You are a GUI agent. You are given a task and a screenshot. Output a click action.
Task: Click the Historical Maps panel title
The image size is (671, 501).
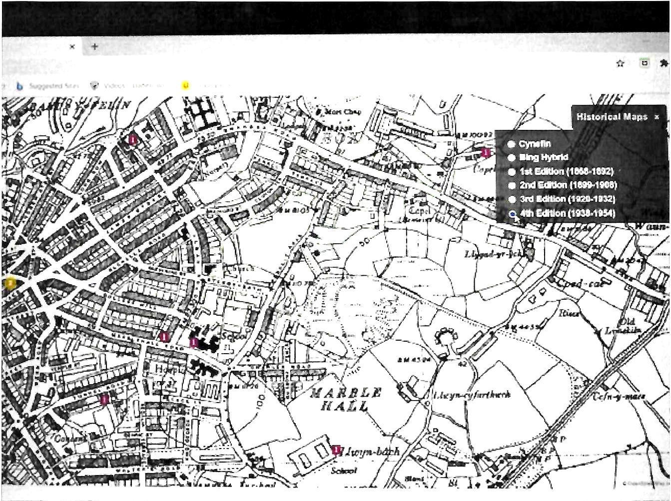pyautogui.click(x=612, y=117)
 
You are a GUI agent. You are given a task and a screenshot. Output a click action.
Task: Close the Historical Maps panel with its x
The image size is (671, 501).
pyautogui.click(x=657, y=117)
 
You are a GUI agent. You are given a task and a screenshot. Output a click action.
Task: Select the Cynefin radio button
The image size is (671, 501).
pyautogui.click(x=511, y=144)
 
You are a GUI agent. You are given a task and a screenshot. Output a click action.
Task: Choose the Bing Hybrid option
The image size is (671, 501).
pyautogui.click(x=511, y=158)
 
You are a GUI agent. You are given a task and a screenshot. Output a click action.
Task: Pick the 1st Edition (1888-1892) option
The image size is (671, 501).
pyautogui.click(x=511, y=172)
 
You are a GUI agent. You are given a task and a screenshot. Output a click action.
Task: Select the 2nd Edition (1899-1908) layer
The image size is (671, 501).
pyautogui.click(x=511, y=185)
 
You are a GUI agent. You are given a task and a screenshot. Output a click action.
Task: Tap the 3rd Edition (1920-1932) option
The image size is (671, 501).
pyautogui.click(x=511, y=199)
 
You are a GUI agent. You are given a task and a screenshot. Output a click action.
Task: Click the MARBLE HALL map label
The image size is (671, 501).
pyautogui.click(x=346, y=399)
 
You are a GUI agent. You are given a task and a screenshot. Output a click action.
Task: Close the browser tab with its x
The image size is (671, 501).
pyautogui.click(x=72, y=46)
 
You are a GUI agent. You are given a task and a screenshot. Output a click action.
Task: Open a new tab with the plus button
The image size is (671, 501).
pyautogui.click(x=94, y=46)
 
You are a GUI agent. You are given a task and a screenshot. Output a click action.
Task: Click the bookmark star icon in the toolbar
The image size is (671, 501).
pyautogui.click(x=620, y=63)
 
